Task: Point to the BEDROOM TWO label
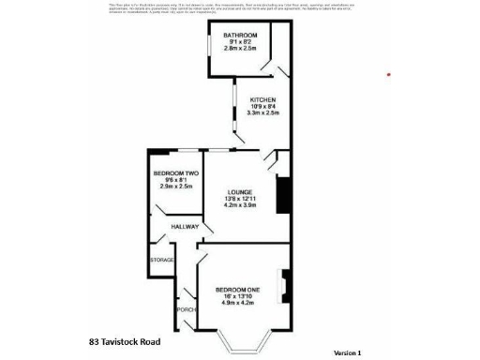tap(175, 172)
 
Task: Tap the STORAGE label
tap(162, 260)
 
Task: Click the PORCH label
tap(184, 307)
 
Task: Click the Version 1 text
tap(347, 352)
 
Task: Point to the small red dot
tap(389, 75)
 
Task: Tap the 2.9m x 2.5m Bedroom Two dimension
tap(175, 187)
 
